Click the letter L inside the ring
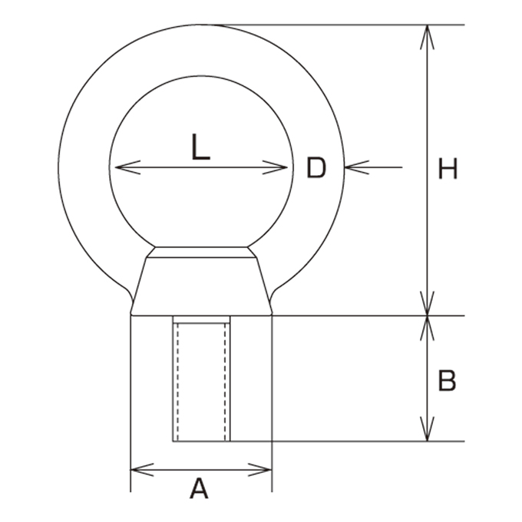pyautogui.click(x=201, y=147)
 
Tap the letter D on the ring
pyautogui.click(x=316, y=168)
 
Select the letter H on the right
pyautogui.click(x=448, y=169)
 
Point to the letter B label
pyautogui.click(x=447, y=380)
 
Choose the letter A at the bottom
pyautogui.click(x=199, y=488)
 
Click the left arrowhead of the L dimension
pyautogui.click(x=127, y=167)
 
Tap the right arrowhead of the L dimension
pyautogui.click(x=275, y=167)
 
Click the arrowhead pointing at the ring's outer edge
pyautogui.click(x=357, y=167)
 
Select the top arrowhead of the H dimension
pyautogui.click(x=427, y=38)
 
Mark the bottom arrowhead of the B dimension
pyautogui.click(x=427, y=429)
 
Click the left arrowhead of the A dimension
pyautogui.click(x=143, y=470)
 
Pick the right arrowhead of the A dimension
pyautogui.click(x=260, y=470)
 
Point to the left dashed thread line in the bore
pyautogui.click(x=178, y=382)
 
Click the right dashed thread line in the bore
pyautogui.click(x=226, y=382)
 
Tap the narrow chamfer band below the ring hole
pyautogui.click(x=201, y=253)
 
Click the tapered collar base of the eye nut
pyautogui.click(x=201, y=286)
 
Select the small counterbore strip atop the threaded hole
pyautogui.click(x=201, y=319)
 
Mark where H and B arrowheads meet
pyautogui.click(x=427, y=316)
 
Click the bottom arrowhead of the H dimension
pyautogui.click(x=427, y=303)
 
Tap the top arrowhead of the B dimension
pyautogui.click(x=427, y=328)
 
